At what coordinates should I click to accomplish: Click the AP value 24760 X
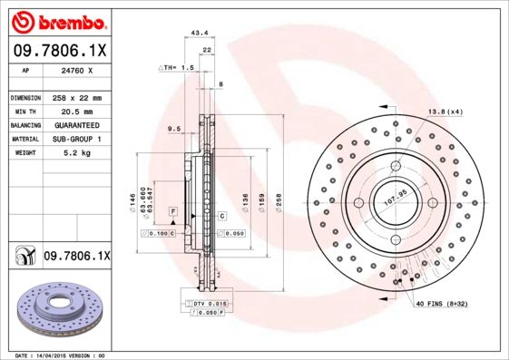point(76,70)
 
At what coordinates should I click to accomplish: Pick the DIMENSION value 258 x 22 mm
point(76,97)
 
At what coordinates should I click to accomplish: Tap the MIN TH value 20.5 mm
point(76,111)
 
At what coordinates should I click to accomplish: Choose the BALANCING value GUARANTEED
point(76,124)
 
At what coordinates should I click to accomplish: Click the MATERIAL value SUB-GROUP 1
point(76,139)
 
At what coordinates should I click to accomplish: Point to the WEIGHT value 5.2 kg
point(76,153)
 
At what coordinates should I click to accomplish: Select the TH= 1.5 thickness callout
point(178,68)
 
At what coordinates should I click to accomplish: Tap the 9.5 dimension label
point(175,129)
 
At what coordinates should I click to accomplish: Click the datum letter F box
point(171,210)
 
